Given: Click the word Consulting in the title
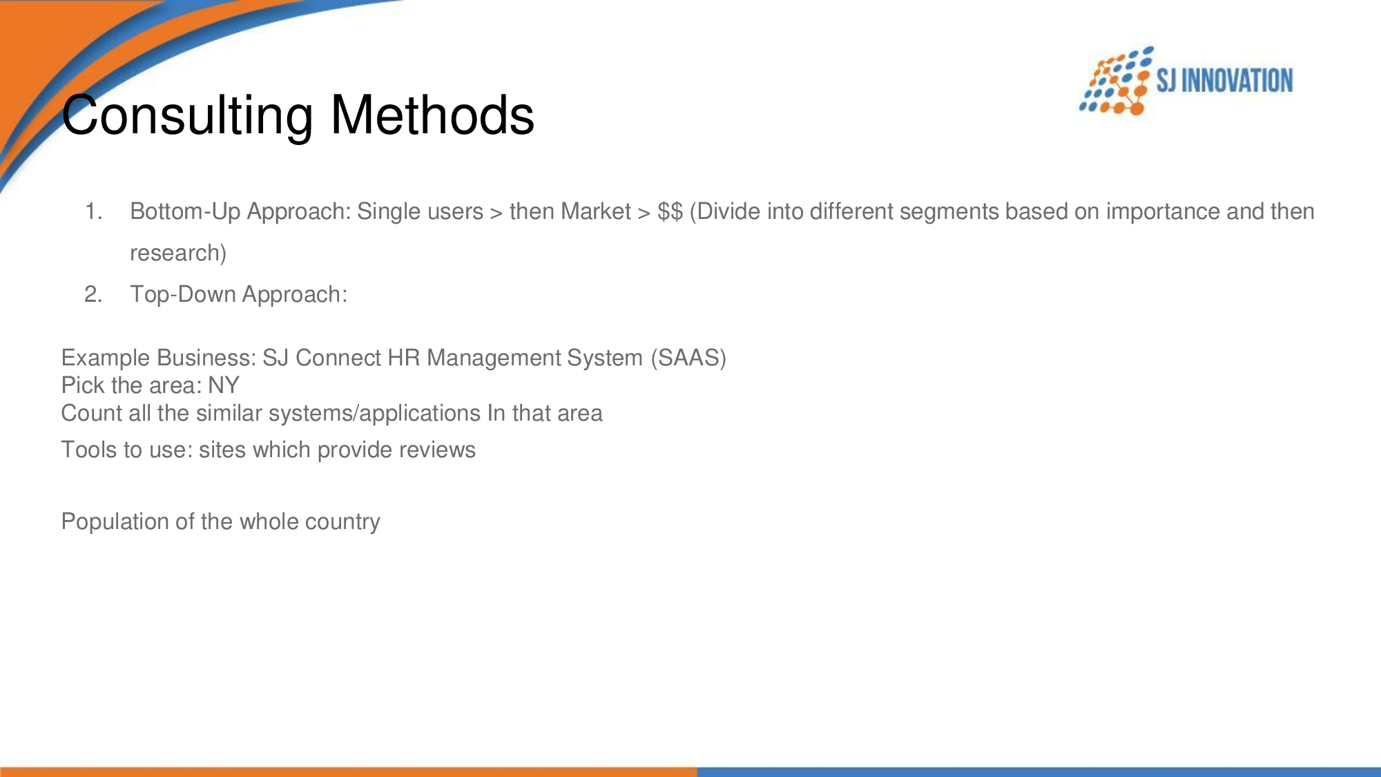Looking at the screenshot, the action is (x=187, y=115).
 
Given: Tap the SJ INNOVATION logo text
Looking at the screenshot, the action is (x=1224, y=81).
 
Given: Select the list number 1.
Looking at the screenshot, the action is (x=93, y=211).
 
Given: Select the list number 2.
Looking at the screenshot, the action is (x=93, y=294).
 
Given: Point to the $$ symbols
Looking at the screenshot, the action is (x=670, y=211).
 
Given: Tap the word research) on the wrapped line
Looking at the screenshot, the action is (x=178, y=253).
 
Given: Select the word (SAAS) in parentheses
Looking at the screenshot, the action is (x=688, y=358).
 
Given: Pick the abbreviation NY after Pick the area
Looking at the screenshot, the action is (x=224, y=385).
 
